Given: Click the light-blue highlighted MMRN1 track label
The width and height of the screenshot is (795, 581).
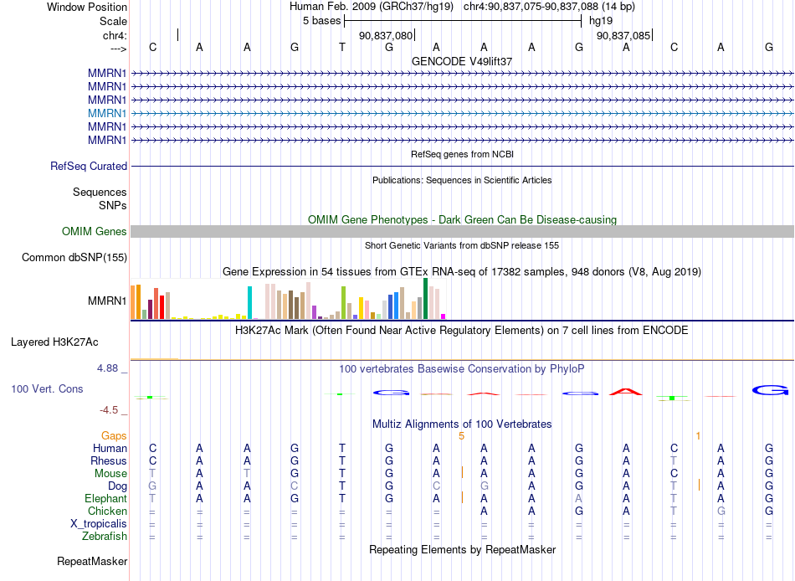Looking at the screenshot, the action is point(107,113).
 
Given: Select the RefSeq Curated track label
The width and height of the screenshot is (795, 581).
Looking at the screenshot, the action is point(89,167).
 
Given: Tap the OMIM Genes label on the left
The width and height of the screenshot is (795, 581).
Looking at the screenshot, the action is point(95,231).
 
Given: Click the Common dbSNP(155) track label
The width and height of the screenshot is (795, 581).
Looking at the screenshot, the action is point(74,258).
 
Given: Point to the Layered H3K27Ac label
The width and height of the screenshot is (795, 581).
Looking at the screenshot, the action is point(54,342).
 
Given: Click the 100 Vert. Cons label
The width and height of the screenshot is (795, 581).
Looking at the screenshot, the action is point(47,389).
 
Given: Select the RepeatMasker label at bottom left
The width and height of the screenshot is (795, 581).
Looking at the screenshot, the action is point(92,561).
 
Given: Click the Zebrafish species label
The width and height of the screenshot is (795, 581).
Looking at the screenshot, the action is point(105,537).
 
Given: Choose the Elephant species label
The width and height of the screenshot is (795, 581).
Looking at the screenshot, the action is point(105,499).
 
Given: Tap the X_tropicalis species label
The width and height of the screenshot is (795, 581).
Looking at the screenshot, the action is point(99,524).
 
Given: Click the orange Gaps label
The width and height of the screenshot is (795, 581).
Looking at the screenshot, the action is point(114,436).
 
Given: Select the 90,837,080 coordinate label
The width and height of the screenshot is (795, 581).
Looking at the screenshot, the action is point(386,35).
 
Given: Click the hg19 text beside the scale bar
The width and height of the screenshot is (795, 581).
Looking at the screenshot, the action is point(601,21).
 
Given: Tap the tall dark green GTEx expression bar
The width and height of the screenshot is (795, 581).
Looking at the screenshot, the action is point(426,298).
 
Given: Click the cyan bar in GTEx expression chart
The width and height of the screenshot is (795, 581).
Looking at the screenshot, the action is point(250,303).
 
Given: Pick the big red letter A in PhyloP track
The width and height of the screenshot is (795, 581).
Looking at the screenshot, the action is point(626,392).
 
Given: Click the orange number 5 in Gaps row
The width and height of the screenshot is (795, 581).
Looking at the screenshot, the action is point(461,436).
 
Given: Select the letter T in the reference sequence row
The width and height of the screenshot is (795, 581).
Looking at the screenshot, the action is point(342,47).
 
